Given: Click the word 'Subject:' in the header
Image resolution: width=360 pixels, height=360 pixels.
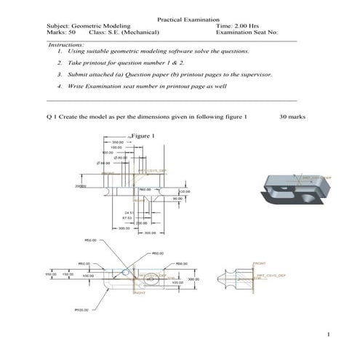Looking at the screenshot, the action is coord(58,25).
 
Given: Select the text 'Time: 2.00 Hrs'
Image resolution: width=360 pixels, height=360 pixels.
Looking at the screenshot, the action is coord(237,25).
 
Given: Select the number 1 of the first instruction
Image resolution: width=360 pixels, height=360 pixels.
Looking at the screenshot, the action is coord(58,52).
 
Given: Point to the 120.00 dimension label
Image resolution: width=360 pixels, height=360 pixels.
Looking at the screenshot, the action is coord(184,192).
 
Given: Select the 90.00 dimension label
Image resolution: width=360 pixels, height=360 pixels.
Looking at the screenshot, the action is coord(178,199).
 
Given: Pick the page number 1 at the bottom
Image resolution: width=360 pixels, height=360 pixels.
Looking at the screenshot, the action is coord(329,335).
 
